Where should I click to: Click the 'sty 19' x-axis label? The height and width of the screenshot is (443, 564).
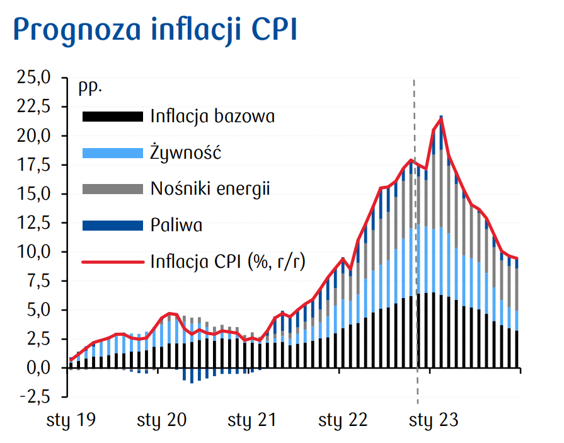[x=71, y=420]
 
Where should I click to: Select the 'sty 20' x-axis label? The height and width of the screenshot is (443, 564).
[x=161, y=420]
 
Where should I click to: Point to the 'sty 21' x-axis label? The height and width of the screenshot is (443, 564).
[x=252, y=420]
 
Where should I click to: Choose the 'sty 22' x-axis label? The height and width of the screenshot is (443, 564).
[x=343, y=420]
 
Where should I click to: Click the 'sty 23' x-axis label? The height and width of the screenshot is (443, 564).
[x=434, y=420]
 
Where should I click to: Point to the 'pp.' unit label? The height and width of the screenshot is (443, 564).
[x=90, y=88]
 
